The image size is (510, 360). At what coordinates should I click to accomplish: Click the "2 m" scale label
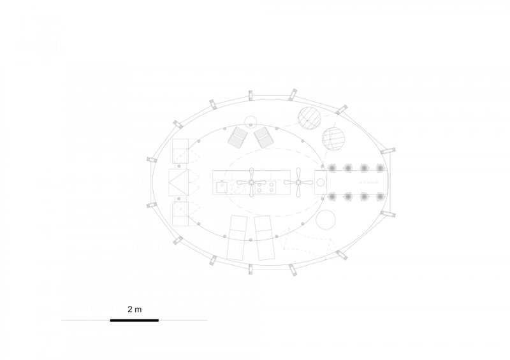coord(135,309)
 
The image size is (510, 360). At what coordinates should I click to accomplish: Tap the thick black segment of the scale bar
coord(135,320)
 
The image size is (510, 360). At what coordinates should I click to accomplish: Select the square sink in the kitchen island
coord(222,187)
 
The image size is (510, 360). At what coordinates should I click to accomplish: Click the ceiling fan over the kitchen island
coord(251,182)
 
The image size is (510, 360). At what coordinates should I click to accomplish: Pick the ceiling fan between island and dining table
coord(298,182)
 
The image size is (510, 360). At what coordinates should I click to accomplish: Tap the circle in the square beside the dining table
coord(321,182)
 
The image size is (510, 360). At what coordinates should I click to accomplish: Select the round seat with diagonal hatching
coord(310,119)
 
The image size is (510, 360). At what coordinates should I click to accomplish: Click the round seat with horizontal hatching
coord(333,138)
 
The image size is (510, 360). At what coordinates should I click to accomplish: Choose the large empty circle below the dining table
coord(326,219)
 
